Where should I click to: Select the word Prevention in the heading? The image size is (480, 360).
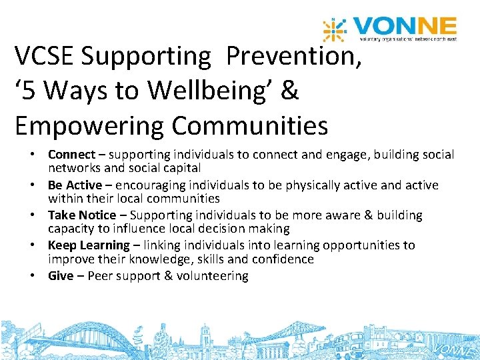(294, 57)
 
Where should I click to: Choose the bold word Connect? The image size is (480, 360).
(71, 155)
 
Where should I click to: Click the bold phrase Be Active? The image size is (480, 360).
(75, 185)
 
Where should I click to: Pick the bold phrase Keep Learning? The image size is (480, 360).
(89, 245)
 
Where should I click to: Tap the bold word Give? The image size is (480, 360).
(61, 275)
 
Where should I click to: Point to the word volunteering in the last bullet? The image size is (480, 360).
(213, 275)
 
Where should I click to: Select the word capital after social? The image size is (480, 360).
(178, 168)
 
